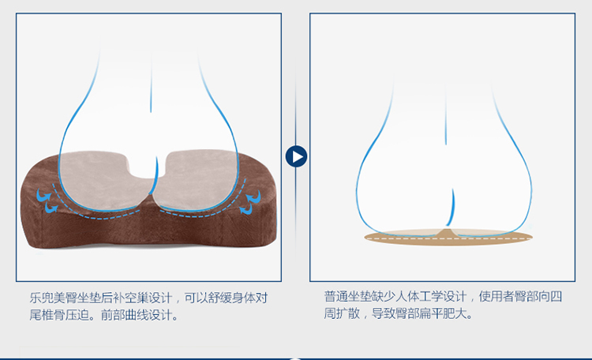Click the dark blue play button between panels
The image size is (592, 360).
(296, 156)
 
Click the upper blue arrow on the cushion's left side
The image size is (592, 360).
(43, 195)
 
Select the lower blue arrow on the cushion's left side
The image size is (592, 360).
(51, 208)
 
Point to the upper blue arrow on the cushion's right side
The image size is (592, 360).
(253, 197)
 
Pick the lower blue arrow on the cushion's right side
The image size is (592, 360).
(246, 208)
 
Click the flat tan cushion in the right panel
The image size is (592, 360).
(448, 237)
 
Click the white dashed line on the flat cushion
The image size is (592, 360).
(448, 238)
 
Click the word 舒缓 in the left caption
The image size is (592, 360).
(219, 298)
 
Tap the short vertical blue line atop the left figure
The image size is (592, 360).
(151, 81)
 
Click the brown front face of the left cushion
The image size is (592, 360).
(151, 231)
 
